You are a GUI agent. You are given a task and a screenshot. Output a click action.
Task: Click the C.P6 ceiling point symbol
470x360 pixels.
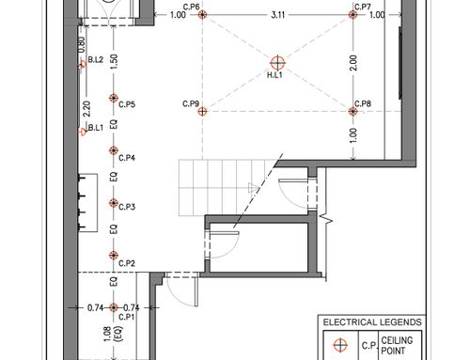pyautogui.click(x=202, y=14)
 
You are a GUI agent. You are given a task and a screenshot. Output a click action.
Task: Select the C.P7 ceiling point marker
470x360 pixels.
pyautogui.click(x=353, y=14)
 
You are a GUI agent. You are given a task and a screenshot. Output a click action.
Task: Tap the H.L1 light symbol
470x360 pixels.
pyautogui.click(x=277, y=63)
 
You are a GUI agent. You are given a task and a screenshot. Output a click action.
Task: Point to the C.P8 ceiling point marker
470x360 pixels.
pyautogui.click(x=353, y=111)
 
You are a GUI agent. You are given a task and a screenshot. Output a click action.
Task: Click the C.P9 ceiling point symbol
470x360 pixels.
pyautogui.click(x=202, y=111)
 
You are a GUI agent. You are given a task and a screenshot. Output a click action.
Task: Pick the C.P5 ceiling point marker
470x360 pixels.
pyautogui.click(x=114, y=98)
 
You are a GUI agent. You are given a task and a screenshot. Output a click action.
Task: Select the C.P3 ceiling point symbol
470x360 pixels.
pyautogui.click(x=114, y=203)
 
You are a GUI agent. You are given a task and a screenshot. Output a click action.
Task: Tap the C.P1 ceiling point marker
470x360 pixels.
pyautogui.click(x=114, y=307)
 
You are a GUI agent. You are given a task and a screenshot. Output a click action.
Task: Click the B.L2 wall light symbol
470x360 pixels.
pyautogui.click(x=82, y=65)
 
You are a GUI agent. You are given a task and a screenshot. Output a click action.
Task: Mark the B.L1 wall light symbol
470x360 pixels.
pyautogui.click(x=82, y=132)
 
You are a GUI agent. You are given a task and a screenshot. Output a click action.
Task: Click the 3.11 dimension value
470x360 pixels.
pyautogui.click(x=278, y=15)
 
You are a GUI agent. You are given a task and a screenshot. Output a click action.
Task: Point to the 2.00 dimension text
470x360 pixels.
pyautogui.click(x=353, y=63)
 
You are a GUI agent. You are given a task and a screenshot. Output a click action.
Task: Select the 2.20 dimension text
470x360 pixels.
pyautogui.click(x=86, y=109)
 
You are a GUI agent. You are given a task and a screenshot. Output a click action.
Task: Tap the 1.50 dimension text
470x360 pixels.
pyautogui.click(x=114, y=62)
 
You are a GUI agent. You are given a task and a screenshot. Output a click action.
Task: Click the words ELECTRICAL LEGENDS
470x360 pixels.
pyautogui.click(x=372, y=322)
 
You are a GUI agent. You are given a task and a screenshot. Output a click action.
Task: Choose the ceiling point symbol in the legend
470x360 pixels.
pyautogui.click(x=340, y=345)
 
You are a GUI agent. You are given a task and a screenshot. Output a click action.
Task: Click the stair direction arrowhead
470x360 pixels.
pyautogui.click(x=253, y=188)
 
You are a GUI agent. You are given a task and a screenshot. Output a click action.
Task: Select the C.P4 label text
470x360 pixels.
pyautogui.click(x=127, y=158)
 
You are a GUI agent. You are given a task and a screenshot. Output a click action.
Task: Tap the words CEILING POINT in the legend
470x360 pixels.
pyautogui.click(x=397, y=345)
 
